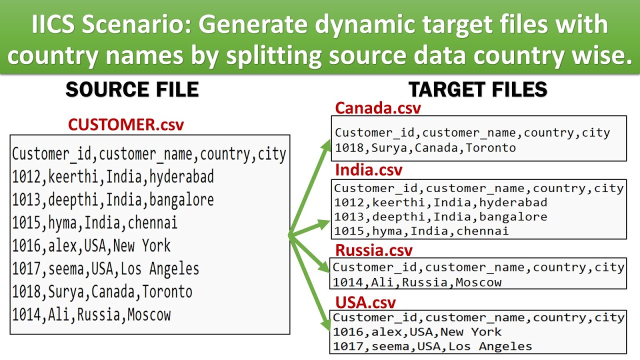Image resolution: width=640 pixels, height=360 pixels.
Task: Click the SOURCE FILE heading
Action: tap(132, 89)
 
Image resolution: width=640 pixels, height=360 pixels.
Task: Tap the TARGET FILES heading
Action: tap(478, 89)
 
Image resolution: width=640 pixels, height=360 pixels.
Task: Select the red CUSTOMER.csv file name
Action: tap(126, 124)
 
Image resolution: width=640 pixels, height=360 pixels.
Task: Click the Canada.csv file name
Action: tap(378, 108)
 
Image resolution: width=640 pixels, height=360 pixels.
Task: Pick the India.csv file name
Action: tap(368, 170)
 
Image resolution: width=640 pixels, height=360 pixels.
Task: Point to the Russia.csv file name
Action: tap(373, 249)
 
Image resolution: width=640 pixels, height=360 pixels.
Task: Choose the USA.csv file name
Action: tap(365, 302)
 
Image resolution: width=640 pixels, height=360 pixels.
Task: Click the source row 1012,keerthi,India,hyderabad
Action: tap(113, 176)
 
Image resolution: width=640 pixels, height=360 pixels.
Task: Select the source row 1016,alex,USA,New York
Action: tap(91, 245)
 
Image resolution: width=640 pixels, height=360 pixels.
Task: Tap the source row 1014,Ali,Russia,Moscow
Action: tap(91, 314)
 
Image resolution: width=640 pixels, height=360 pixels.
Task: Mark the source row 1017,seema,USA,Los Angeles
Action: tap(105, 268)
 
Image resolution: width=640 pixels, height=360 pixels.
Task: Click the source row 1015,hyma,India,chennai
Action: tap(95, 222)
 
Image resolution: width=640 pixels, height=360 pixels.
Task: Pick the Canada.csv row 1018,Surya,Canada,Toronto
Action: tap(425, 148)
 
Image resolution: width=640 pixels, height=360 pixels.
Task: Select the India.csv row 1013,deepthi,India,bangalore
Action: tap(440, 216)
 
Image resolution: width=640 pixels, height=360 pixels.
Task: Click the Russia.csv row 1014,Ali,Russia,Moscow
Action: tap(417, 282)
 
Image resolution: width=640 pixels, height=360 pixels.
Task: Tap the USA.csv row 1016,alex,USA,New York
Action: tap(417, 331)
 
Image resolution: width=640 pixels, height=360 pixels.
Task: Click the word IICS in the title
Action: tap(53, 25)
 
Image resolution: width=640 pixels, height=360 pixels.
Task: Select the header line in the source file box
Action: tap(149, 154)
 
